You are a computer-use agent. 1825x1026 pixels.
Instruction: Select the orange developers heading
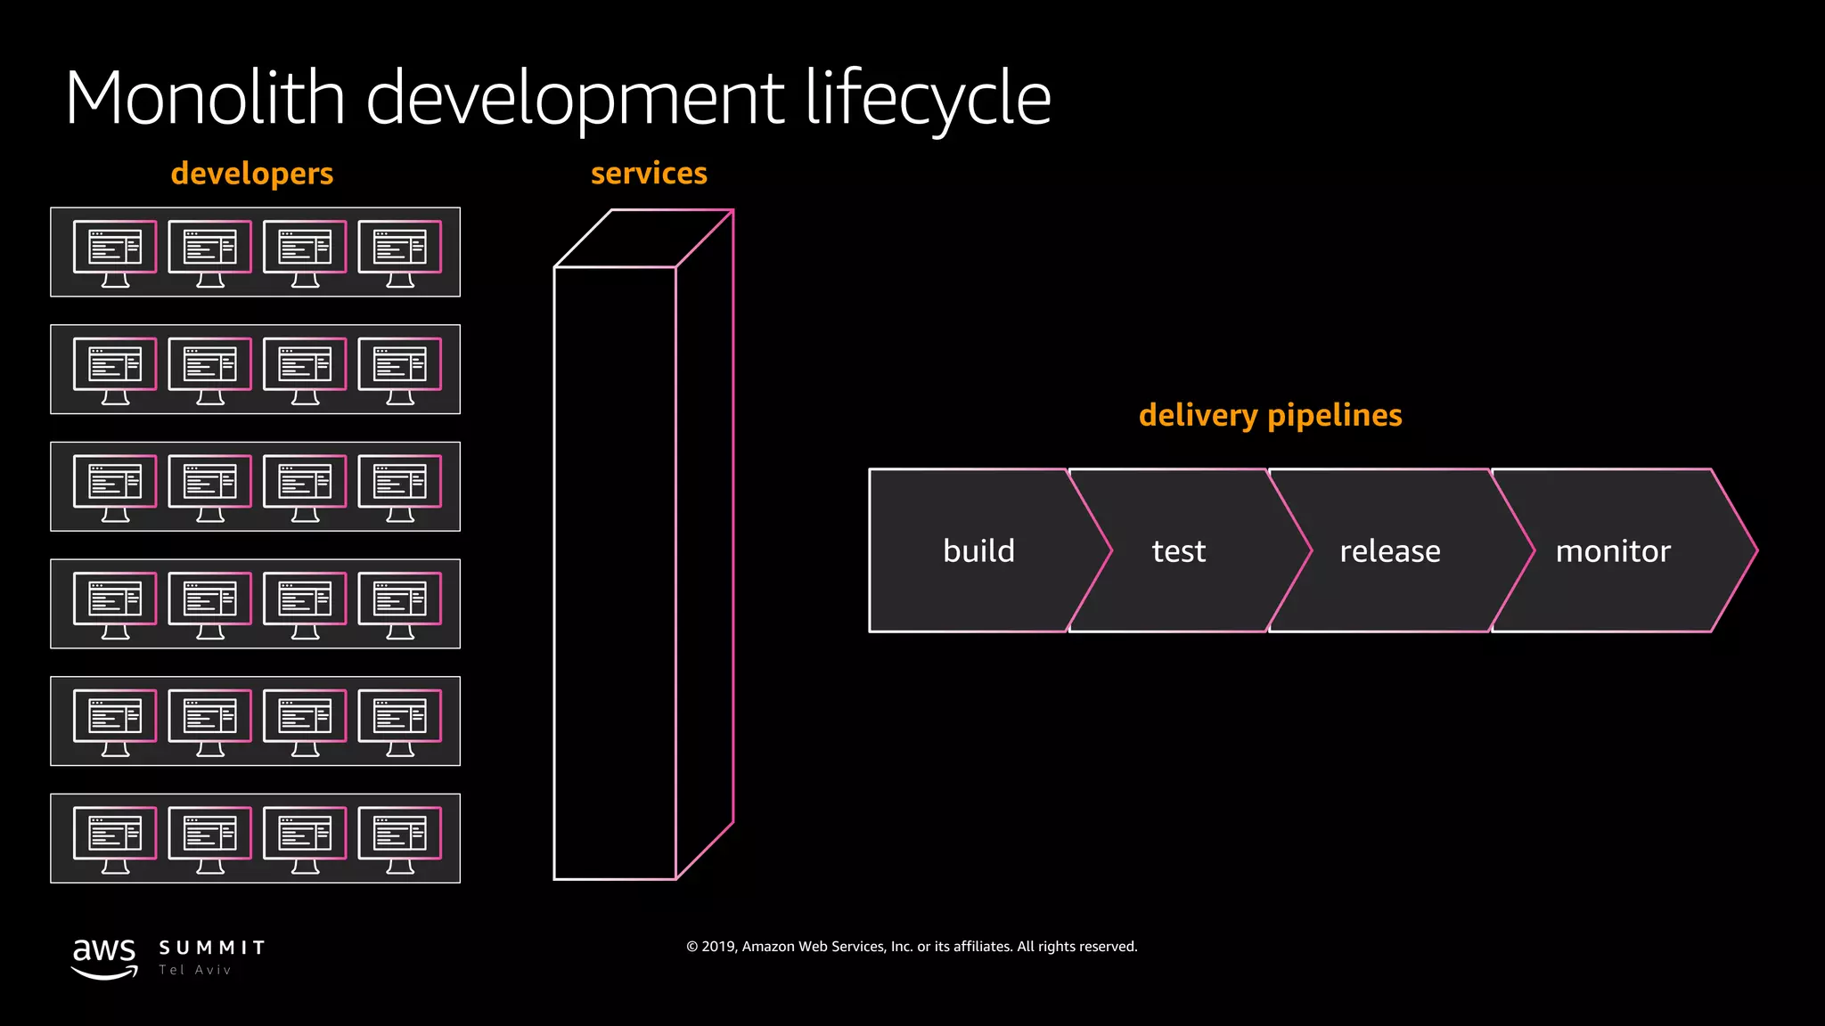click(x=252, y=173)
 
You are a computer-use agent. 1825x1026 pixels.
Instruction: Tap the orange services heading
click(x=649, y=173)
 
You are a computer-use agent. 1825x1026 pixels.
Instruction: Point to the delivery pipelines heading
click(x=1270, y=415)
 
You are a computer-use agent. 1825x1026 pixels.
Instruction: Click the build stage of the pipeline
click(x=978, y=550)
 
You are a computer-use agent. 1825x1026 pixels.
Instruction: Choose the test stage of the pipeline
click(x=1178, y=550)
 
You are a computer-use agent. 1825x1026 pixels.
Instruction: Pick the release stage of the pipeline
click(x=1389, y=550)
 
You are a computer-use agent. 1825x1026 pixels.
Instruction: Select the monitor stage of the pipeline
click(x=1613, y=550)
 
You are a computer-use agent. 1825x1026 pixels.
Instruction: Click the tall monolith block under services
click(x=615, y=570)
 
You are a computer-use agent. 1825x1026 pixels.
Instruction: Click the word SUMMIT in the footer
click(x=212, y=948)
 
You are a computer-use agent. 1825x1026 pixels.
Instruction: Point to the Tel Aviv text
click(x=195, y=970)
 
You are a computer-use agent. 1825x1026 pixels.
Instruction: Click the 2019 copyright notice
click(x=912, y=946)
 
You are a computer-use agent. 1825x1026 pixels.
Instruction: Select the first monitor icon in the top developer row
click(x=115, y=252)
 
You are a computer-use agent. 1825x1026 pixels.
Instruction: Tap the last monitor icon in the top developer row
click(x=400, y=252)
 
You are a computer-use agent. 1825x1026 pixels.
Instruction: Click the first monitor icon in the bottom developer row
click(x=115, y=838)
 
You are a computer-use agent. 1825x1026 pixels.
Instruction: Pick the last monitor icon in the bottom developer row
click(x=400, y=838)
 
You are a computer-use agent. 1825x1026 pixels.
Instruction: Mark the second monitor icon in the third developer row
click(x=210, y=486)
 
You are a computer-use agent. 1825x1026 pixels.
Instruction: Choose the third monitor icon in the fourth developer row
click(x=305, y=604)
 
